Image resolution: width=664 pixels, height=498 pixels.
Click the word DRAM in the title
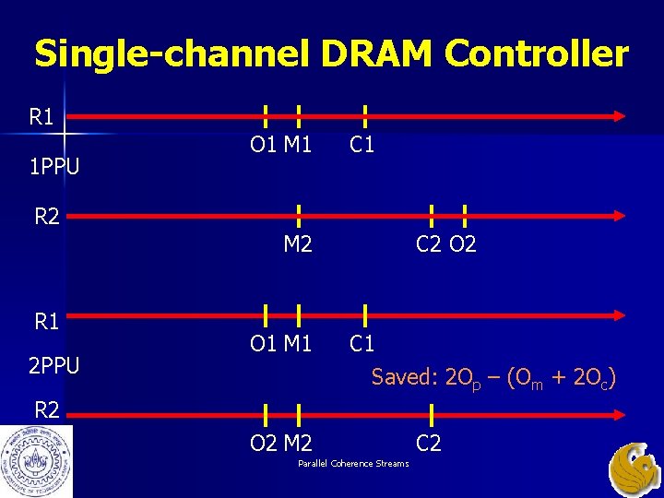point(377,53)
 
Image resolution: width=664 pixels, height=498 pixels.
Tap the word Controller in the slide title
point(538,53)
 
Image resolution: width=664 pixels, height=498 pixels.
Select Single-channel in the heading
point(175,53)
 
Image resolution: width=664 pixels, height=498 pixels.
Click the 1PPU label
point(53,168)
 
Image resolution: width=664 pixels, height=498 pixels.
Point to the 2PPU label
point(53,366)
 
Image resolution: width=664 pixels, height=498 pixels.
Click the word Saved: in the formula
point(405,376)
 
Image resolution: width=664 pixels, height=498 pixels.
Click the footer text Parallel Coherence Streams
point(353,463)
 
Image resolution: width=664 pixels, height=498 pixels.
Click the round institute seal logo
point(36,460)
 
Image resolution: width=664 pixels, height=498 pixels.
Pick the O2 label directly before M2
point(265,443)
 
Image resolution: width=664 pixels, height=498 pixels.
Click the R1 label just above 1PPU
point(42,117)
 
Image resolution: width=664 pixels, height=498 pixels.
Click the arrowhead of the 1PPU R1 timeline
point(617,116)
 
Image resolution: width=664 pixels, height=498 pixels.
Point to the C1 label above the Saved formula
point(362,343)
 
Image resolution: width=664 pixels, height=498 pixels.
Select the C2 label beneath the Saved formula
point(428,443)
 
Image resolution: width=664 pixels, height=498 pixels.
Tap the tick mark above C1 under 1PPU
point(365,116)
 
